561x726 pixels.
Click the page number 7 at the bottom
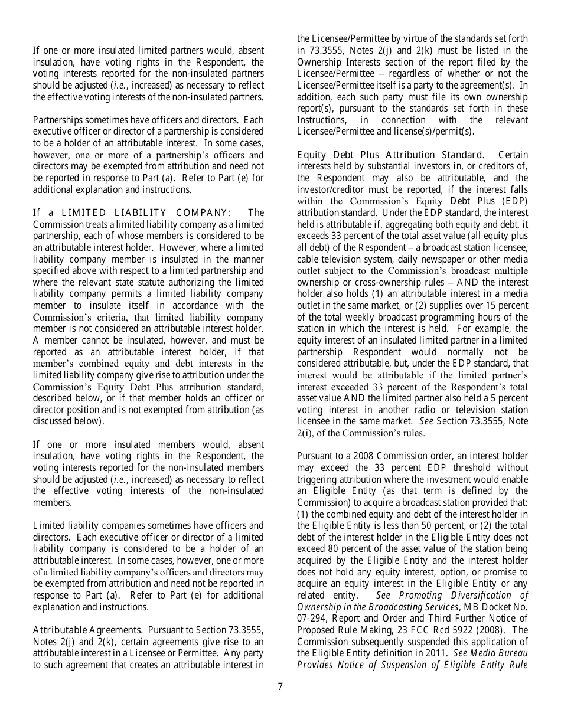[280, 686]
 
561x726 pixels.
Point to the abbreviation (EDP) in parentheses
[511, 201]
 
